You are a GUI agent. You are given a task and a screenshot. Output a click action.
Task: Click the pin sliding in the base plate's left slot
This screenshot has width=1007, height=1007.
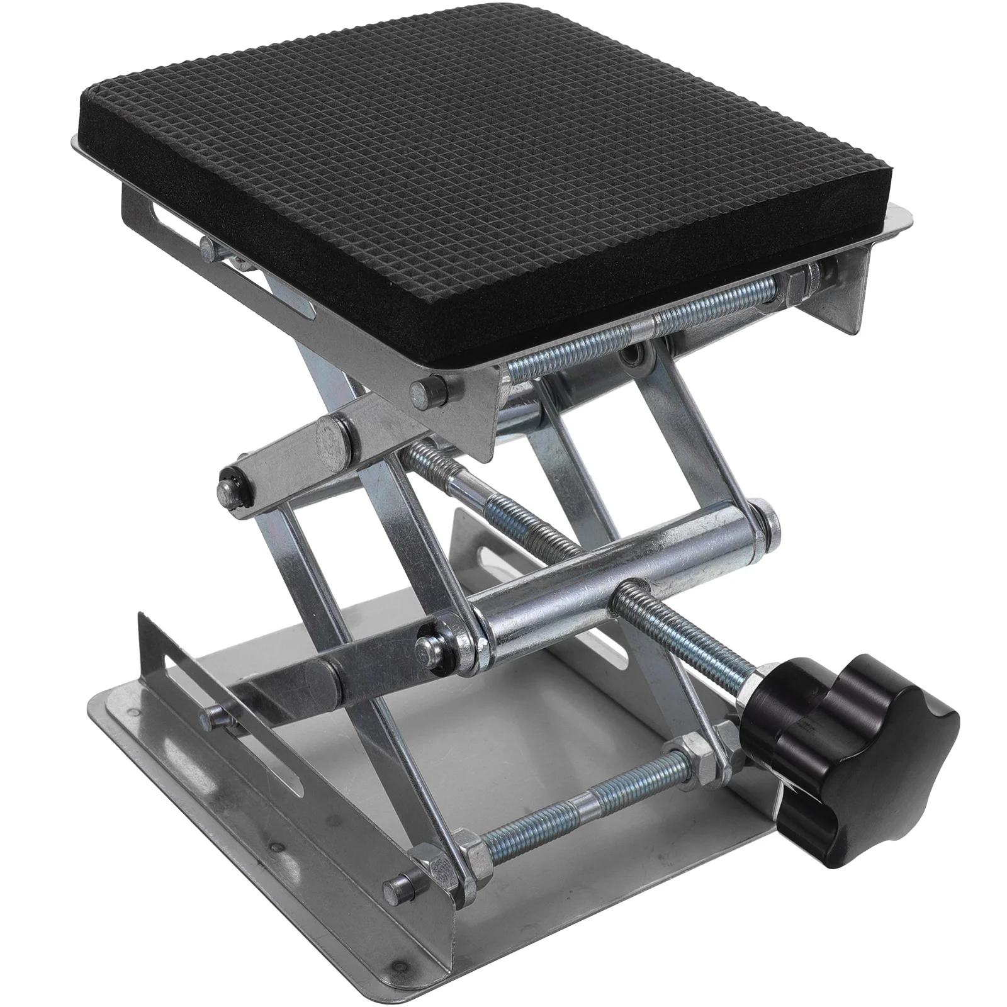217,716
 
